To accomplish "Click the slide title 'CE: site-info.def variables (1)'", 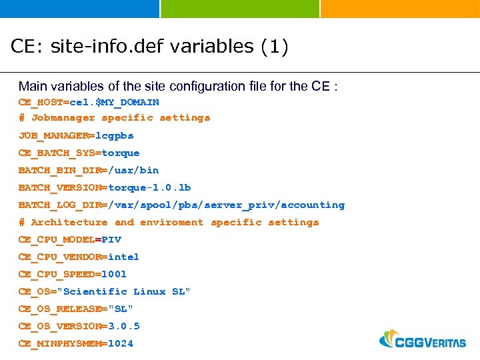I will pos(149,47).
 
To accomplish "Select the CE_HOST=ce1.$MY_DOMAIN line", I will pos(89,102).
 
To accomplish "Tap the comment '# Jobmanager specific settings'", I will pos(114,118).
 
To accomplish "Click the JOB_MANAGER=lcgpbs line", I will pos(76,135).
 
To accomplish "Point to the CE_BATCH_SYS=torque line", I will pos(79,153).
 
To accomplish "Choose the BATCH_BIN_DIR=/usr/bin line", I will pos(89,170).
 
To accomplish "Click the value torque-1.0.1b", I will pos(149,187).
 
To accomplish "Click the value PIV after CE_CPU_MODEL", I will pos(111,239).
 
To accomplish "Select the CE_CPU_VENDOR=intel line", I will pos(79,257).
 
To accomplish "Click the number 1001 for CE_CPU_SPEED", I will pos(114,274).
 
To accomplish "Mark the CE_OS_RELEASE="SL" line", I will pos(76,309).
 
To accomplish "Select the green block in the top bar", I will pos(240,9).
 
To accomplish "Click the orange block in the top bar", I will pos(400,9).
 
